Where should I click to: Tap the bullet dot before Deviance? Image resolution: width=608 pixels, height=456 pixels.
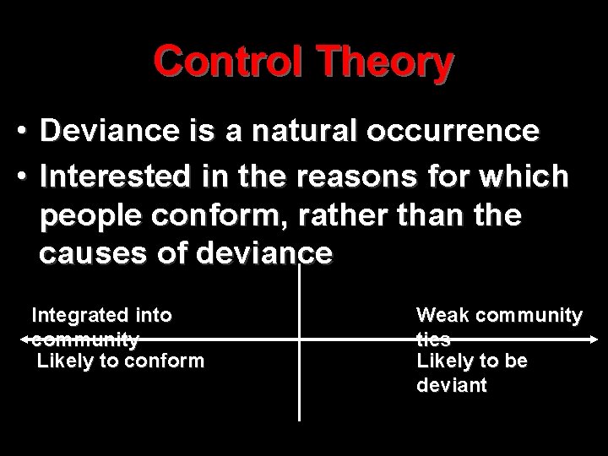tap(27, 132)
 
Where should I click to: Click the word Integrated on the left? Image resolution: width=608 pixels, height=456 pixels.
tap(72, 316)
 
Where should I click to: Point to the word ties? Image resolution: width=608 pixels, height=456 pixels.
tap(432, 339)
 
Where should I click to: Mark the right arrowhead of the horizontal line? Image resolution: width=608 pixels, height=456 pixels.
tap(593, 339)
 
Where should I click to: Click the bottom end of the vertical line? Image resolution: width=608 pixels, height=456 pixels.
tap(300, 419)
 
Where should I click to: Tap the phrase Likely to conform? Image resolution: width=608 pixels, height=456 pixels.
tap(120, 361)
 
